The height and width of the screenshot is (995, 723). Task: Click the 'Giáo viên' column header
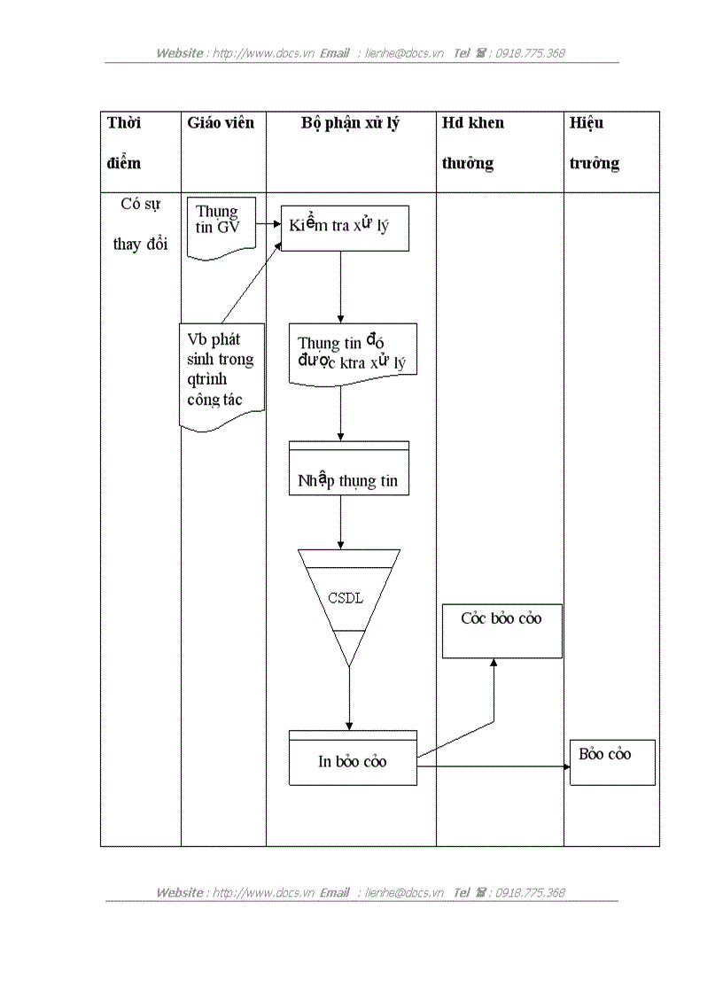pyautogui.click(x=221, y=123)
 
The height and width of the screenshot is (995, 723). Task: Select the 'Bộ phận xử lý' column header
pyautogui.click(x=350, y=123)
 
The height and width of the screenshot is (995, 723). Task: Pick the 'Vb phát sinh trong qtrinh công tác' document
pyautogui.click(x=222, y=372)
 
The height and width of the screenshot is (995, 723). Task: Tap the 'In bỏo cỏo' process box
pyautogui.click(x=353, y=760)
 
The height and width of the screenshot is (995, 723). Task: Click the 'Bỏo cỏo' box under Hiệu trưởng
pyautogui.click(x=611, y=761)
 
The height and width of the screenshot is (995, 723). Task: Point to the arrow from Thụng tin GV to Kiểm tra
pyautogui.click(x=268, y=223)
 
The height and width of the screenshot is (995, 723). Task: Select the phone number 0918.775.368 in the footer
pyautogui.click(x=530, y=892)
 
